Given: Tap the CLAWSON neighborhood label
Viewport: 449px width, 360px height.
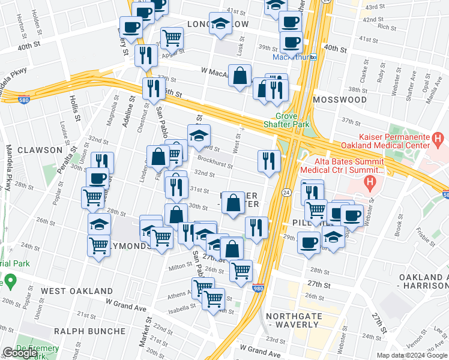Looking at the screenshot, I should tap(40, 149).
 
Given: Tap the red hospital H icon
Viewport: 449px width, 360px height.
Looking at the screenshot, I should tap(372, 179).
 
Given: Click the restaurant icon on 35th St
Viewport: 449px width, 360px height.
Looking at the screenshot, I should tap(151, 89).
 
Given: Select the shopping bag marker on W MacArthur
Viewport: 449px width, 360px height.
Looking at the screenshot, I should tap(240, 76).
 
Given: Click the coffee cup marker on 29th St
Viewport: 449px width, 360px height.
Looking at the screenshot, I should tap(309, 242).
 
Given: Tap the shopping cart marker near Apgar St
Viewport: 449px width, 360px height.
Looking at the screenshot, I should tap(172, 38).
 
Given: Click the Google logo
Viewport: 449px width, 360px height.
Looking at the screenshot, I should tap(20, 353).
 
